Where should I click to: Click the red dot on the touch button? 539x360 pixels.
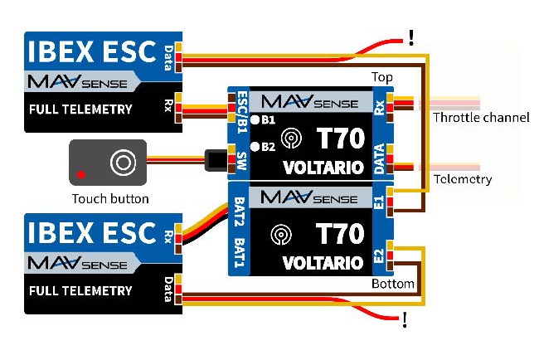tap(80, 175)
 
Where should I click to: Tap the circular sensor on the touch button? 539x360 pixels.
tap(122, 161)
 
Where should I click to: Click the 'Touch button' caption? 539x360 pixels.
tap(110, 199)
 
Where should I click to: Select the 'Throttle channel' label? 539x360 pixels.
tap(481, 118)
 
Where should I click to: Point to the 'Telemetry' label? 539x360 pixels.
tap(462, 179)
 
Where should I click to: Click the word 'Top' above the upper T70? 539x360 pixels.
tap(382, 77)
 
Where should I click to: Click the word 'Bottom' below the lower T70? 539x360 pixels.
tap(393, 284)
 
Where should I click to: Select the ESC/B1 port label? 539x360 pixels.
tap(241, 113)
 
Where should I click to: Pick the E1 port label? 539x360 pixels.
tap(379, 202)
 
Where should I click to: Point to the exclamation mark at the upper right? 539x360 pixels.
tap(410, 37)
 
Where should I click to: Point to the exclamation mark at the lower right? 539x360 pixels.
tap(404, 319)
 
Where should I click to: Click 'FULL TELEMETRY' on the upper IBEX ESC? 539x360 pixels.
tap(80, 109)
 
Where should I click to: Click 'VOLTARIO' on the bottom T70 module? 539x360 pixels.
tap(322, 263)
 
